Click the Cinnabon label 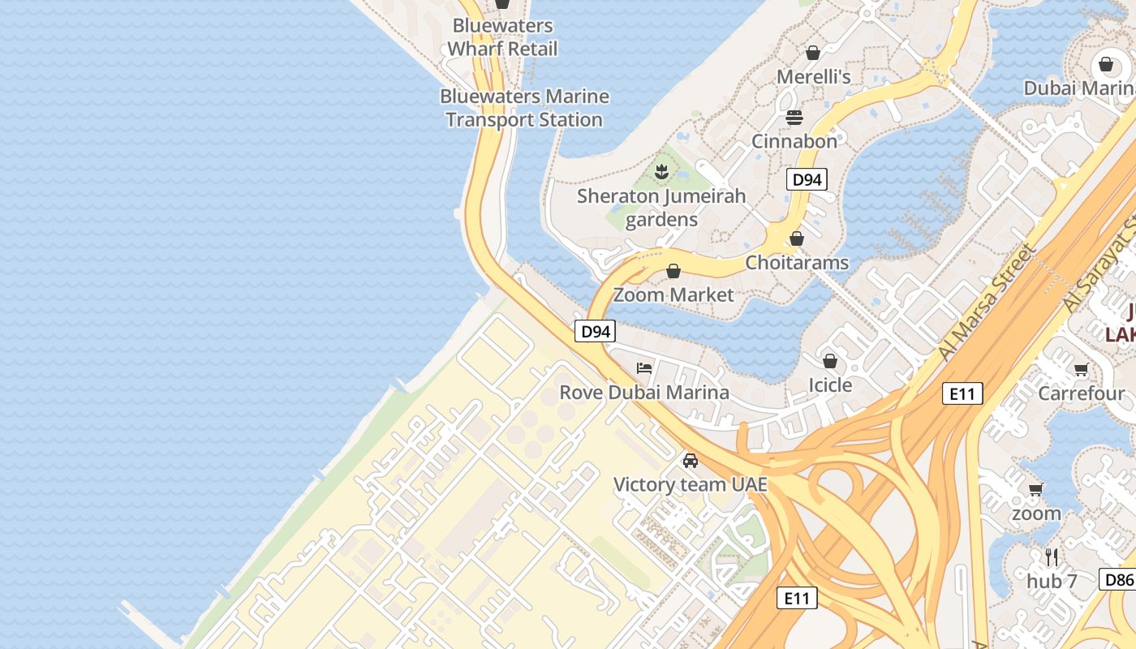coord(794,141)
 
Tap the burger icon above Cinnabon coord(794,118)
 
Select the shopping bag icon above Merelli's coord(812,53)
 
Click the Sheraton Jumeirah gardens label coord(661,208)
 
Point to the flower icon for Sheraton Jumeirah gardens coord(662,171)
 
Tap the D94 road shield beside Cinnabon coord(807,180)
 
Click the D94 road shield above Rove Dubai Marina coord(596,331)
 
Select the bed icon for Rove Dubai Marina coord(644,367)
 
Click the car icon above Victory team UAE coord(690,461)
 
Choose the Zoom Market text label coord(673,294)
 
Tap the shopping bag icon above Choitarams coord(796,239)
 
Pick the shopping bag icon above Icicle coord(829,360)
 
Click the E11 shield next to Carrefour coord(962,394)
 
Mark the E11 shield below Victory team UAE coord(797,599)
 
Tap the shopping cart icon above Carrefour coord(1081,370)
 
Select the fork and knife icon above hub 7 coord(1052,557)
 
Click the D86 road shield coord(1118,579)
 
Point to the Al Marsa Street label coord(987,302)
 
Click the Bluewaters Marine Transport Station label coord(524,108)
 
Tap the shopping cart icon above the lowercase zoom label coord(1035,489)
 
